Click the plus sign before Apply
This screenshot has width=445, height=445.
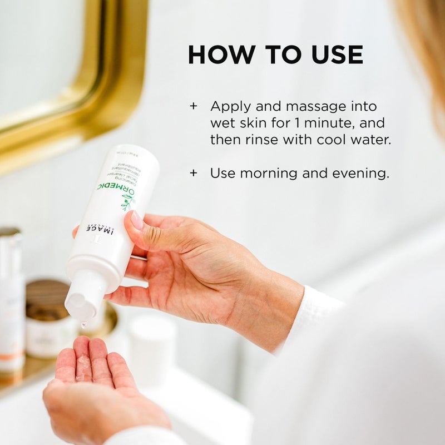(194, 106)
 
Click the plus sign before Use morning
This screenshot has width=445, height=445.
(194, 173)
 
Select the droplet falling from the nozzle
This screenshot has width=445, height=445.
(84, 324)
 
